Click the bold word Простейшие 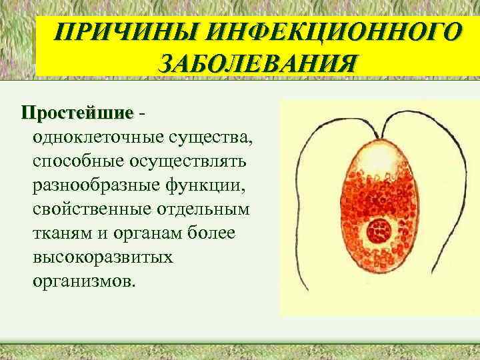77,112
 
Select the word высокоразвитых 102,256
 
